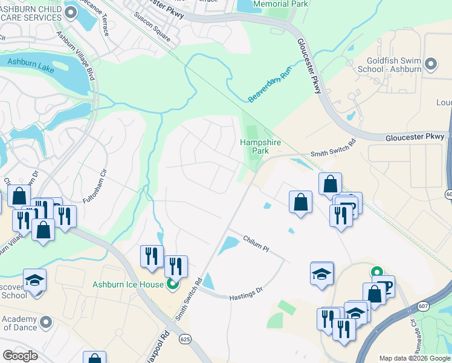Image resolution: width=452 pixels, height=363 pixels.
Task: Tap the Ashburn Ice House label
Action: coord(128,284)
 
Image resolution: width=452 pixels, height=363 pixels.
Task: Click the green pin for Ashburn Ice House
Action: coord(173,284)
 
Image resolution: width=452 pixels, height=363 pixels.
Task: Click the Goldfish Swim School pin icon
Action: coord(431,64)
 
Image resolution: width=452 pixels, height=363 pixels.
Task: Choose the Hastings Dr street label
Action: coord(247,294)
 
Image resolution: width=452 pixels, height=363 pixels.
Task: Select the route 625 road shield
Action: coord(185,340)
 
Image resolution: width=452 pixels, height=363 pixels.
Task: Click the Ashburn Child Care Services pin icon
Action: coord(71,12)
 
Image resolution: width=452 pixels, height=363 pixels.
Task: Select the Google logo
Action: coord(20,356)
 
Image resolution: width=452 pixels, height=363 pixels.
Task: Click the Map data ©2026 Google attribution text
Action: coord(414,358)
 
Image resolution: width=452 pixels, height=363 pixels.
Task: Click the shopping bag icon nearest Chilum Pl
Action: coord(300,202)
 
